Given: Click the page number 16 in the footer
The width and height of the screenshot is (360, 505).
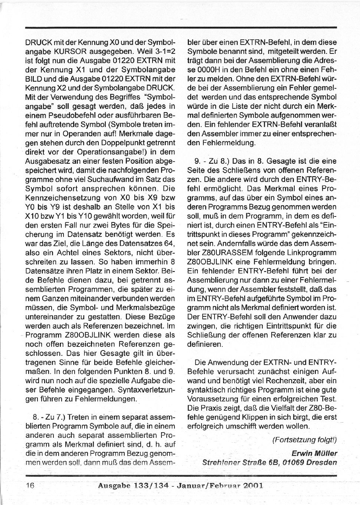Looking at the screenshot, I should [x=30, y=485].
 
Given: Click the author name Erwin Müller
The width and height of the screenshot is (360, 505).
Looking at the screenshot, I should [x=314, y=453].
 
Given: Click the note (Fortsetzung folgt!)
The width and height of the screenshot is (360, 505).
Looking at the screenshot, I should [x=304, y=440].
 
